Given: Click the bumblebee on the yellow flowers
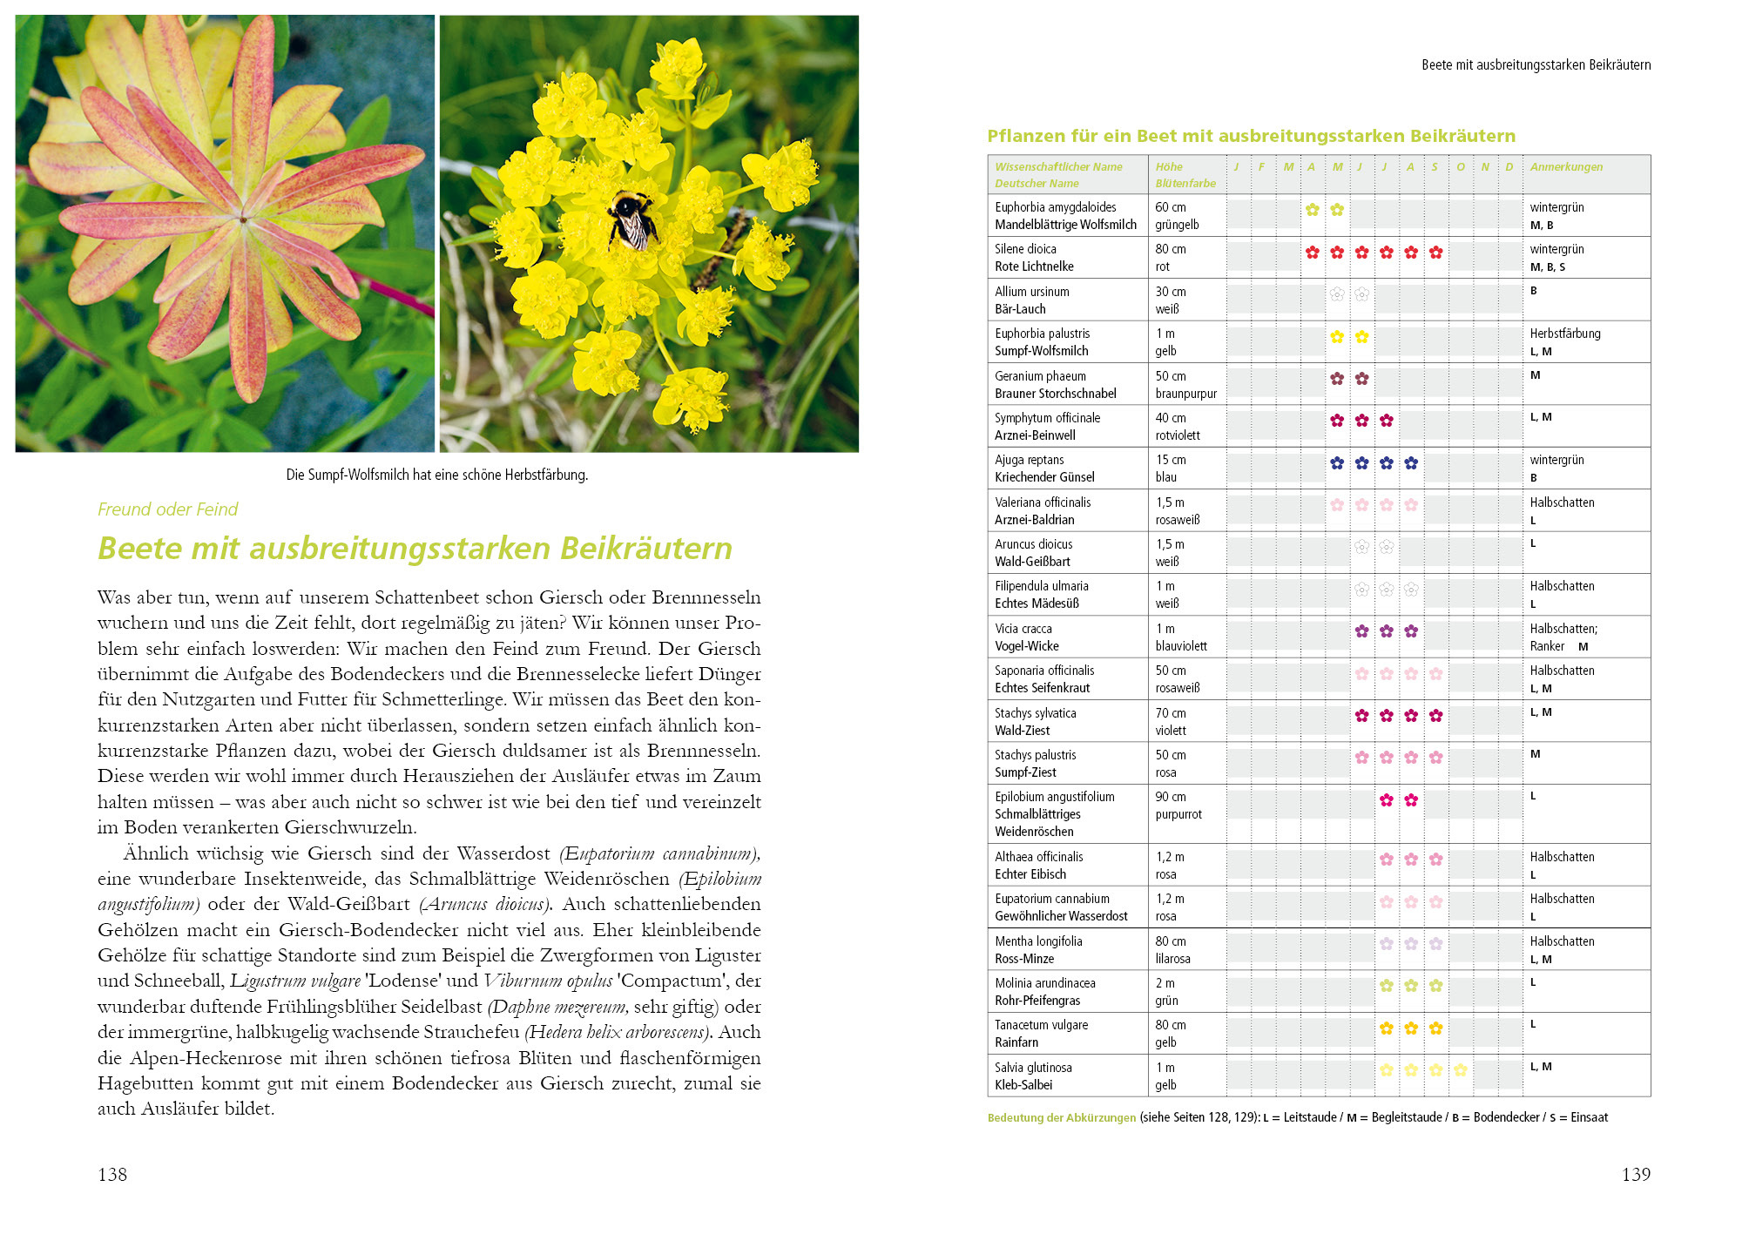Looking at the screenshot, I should coord(633,219).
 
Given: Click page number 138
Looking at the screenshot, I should coord(112,1174).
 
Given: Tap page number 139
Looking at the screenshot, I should coord(1635,1174).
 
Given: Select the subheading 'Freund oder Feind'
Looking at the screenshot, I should coord(167,509).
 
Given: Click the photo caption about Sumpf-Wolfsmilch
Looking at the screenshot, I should coord(436,475).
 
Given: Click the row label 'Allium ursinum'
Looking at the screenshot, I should coord(1031,292).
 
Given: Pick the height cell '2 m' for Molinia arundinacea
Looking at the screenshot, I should coord(1165,983).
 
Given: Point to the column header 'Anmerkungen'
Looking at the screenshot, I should coord(1565,167).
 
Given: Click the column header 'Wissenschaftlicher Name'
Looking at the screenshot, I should coord(1058,167).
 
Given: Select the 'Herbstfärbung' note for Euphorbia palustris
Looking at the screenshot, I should coord(1564,334).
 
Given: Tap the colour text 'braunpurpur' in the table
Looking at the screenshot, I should coord(1185,394).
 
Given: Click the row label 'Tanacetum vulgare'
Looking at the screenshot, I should coord(1041,1025).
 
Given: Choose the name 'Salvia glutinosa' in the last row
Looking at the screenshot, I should coord(1033,1068).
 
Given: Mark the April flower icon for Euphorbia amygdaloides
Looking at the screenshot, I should coord(1312,210).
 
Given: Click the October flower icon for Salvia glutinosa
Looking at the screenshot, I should coord(1460,1070).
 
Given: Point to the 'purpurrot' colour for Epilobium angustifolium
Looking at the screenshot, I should coord(1178,814).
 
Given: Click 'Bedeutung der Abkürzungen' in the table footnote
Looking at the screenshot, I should coord(1061,1117).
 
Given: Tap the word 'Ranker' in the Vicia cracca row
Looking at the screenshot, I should coord(1547,646).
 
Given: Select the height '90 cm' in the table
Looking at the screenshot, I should coord(1170,797).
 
